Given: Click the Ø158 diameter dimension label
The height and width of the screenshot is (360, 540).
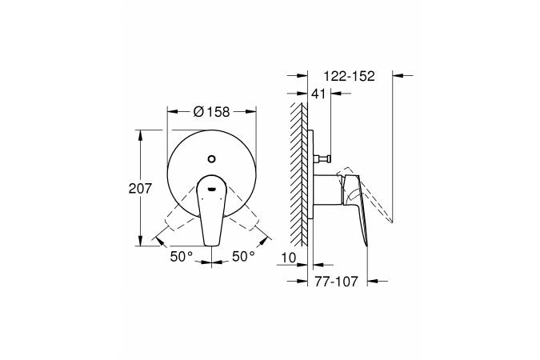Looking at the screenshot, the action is tap(211, 112).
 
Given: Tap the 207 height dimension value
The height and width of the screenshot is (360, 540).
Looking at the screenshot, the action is tap(140, 189).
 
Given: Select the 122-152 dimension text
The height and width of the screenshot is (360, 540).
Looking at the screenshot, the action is tap(350, 76).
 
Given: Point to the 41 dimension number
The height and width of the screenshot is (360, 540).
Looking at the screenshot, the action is tap(318, 94).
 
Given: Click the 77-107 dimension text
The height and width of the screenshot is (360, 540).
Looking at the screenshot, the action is tap(336, 282).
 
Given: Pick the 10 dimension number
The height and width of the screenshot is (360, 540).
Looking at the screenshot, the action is tap(288, 258).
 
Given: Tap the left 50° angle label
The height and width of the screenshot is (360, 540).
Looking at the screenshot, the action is tap(182, 256).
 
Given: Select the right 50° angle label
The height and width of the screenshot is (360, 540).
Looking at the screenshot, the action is tap(243, 256).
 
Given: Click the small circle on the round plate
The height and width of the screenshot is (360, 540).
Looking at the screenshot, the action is tap(211, 159).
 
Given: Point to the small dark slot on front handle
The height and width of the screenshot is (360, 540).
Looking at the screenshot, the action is tap(211, 189).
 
